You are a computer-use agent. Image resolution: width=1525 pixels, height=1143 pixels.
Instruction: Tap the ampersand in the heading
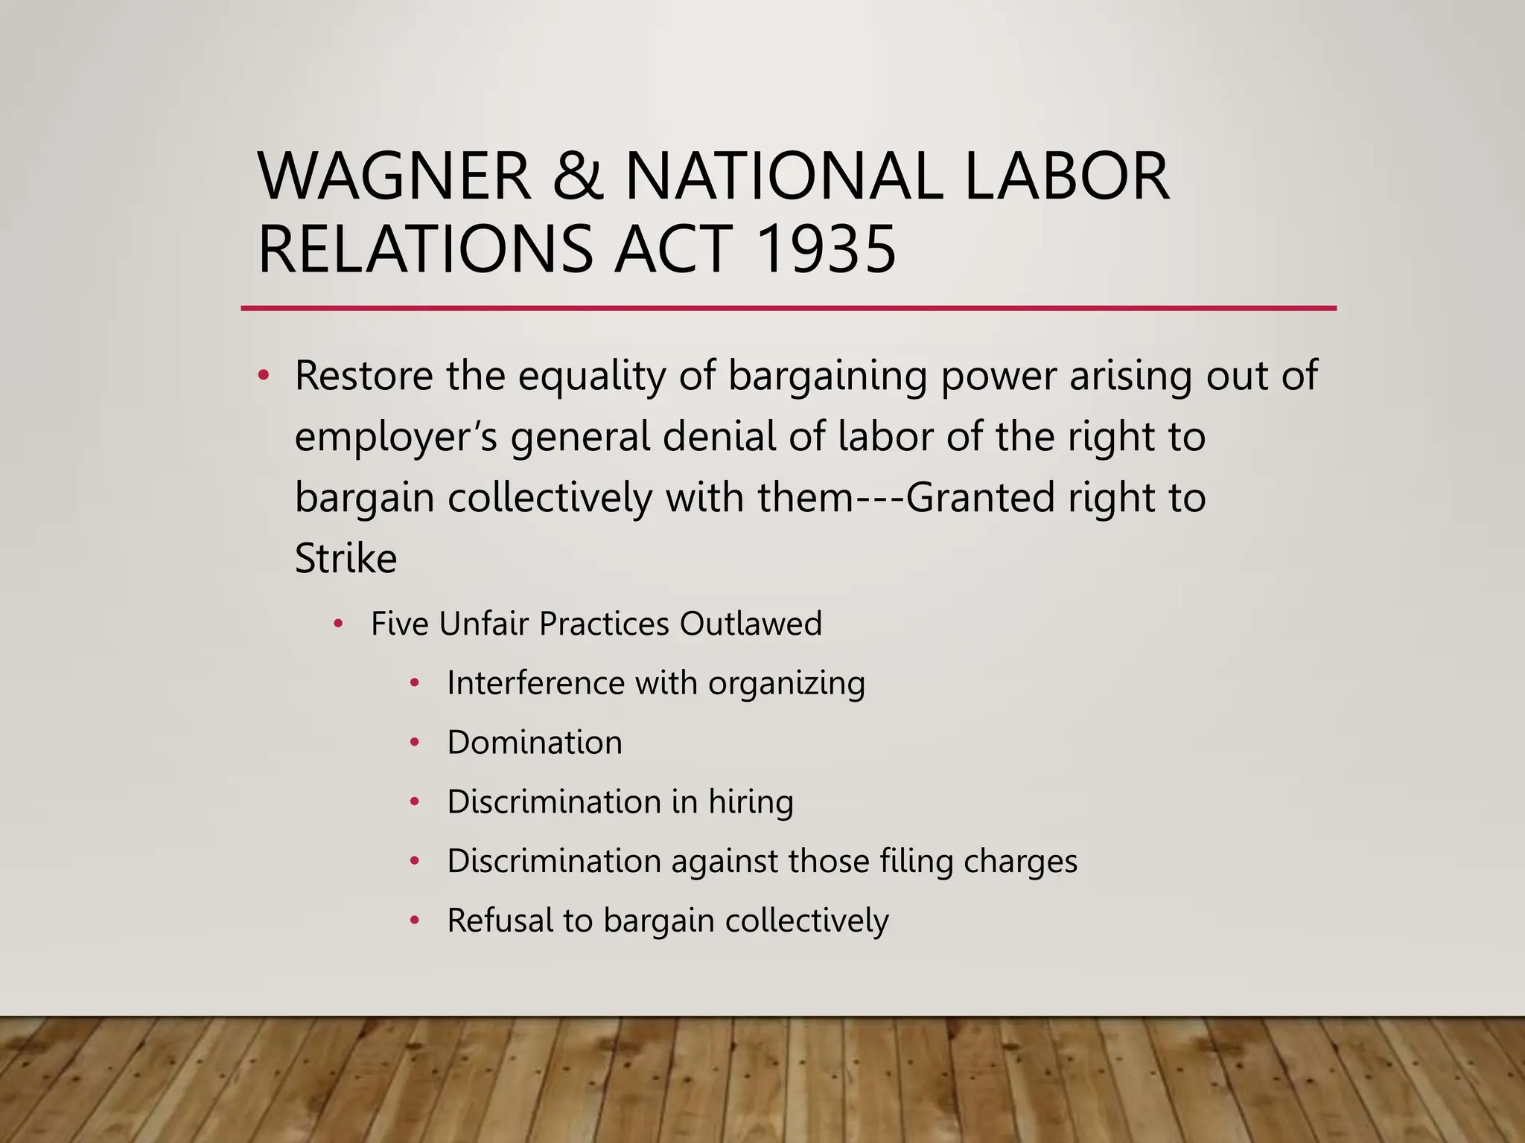578,176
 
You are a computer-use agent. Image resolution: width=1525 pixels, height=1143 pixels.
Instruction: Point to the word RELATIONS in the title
425,249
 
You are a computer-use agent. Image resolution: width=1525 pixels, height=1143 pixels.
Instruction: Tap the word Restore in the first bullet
364,375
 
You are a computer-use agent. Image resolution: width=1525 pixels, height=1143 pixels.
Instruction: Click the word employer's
395,438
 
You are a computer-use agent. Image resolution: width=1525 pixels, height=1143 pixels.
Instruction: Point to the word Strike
346,558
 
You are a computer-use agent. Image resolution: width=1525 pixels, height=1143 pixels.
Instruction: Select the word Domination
535,743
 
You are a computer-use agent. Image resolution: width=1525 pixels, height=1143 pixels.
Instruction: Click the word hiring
751,803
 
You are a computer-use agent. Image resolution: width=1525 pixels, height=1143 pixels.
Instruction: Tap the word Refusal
499,921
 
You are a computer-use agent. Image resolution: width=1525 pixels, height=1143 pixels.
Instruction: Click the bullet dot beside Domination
416,742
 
